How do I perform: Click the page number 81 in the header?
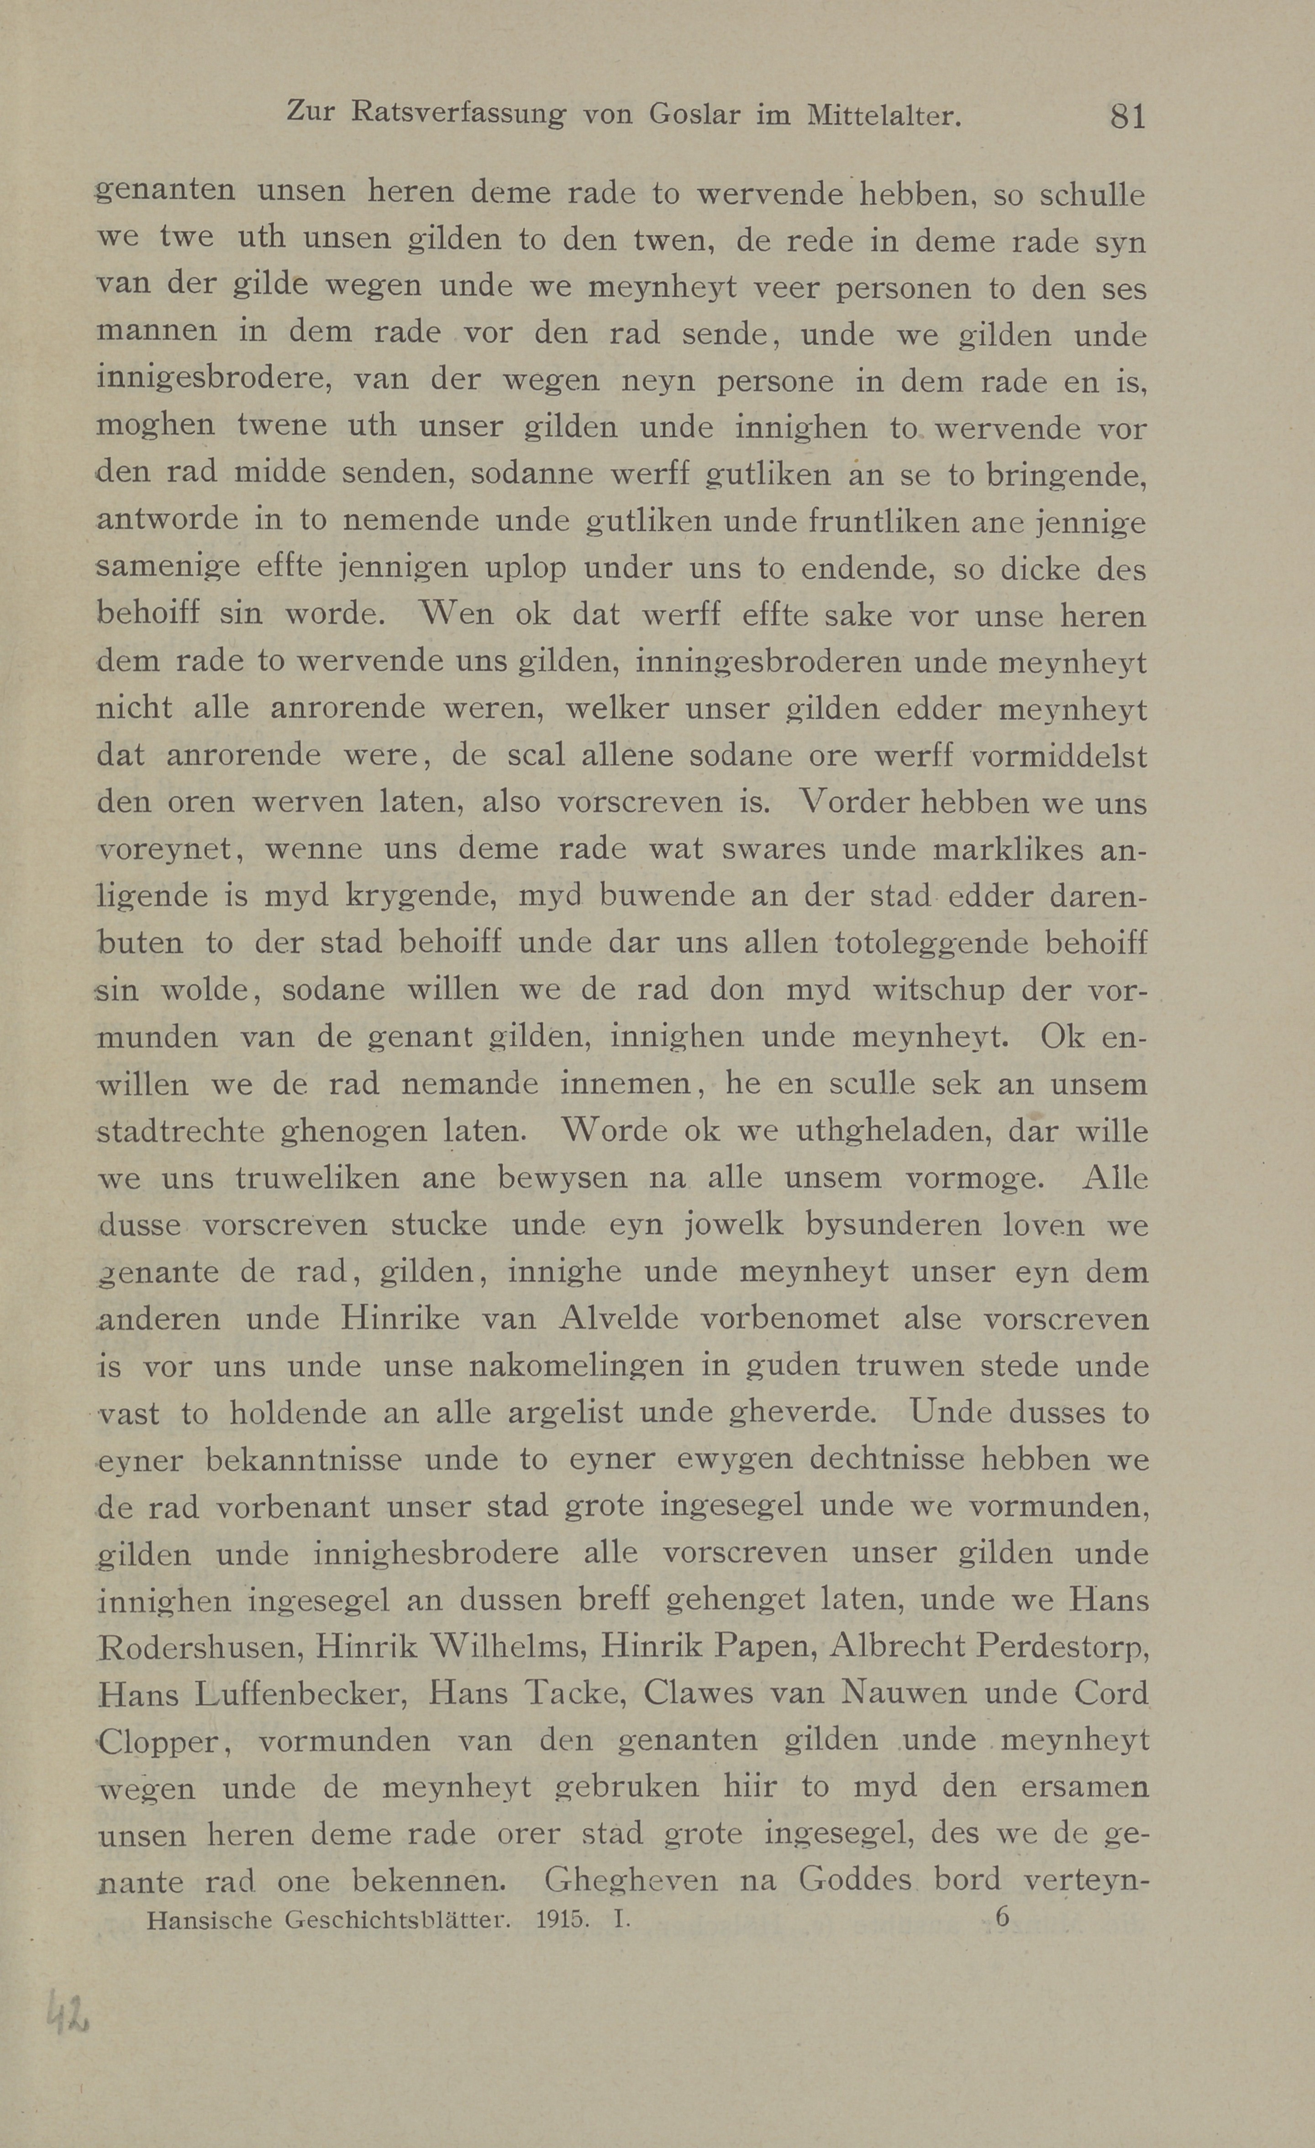point(1127,116)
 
